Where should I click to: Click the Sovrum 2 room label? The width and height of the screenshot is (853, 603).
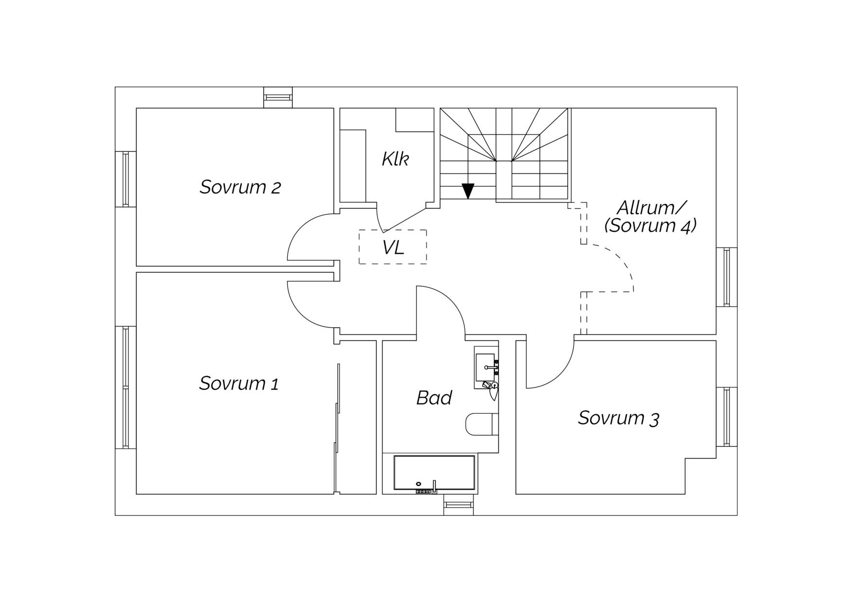[x=240, y=187]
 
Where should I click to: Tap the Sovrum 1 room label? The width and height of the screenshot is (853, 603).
[x=239, y=383]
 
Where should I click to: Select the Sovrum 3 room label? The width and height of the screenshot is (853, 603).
[x=618, y=418]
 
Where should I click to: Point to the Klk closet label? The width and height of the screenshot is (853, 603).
[x=395, y=159]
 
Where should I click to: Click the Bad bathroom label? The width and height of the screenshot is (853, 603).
[x=434, y=398]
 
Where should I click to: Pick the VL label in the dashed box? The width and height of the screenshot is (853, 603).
[x=393, y=248]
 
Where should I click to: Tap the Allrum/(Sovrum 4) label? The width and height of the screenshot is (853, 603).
[x=651, y=216]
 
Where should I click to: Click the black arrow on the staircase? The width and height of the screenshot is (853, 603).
[x=468, y=191]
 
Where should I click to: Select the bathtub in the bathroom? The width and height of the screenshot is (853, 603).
[x=434, y=473]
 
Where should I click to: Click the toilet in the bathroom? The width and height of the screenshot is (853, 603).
[x=482, y=424]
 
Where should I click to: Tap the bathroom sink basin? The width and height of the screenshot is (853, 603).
[x=485, y=368]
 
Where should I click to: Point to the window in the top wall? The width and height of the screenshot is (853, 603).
[x=278, y=97]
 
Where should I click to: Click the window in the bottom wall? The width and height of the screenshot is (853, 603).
[x=459, y=505]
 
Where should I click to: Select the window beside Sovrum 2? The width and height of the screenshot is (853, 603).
[x=125, y=179]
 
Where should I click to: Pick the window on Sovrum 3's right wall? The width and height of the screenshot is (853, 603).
[x=727, y=417]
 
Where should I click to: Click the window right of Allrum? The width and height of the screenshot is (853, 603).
[x=727, y=277]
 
